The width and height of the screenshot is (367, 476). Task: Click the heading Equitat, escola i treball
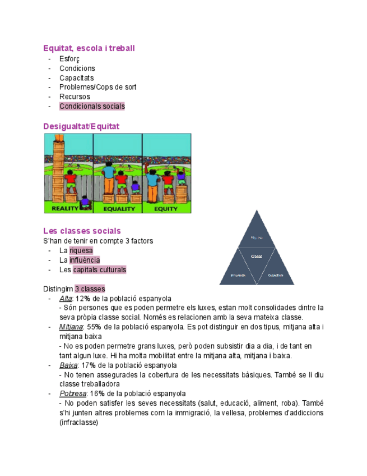[89, 48]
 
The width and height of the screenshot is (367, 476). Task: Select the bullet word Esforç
[69, 59]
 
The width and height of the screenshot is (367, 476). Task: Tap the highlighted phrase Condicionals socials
[92, 106]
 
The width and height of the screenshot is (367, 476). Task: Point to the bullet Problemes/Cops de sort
[97, 87]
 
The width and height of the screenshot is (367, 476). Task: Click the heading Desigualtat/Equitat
[81, 126]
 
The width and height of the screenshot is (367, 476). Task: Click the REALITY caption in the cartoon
[68, 208]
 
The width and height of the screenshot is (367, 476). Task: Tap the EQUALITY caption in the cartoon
[118, 208]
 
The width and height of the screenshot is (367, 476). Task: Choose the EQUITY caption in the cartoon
[166, 208]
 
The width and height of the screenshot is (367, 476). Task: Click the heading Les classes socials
[82, 231]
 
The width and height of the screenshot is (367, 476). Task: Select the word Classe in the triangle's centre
[257, 257]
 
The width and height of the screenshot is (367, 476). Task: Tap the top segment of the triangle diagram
[257, 233]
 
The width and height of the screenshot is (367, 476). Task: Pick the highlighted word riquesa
[81, 250]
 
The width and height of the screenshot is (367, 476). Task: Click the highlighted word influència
[84, 260]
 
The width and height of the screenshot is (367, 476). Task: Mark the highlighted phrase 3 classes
[90, 289]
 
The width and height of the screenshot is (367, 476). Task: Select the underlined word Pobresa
[72, 393]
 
